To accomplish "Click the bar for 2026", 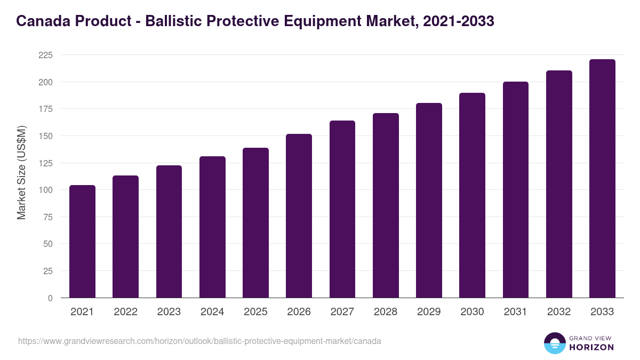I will (x=299, y=215).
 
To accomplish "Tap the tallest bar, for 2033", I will (x=602, y=178).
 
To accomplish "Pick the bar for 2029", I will (x=429, y=200).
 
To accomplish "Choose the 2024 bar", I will (x=212, y=227).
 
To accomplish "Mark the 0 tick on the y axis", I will (x=50, y=298).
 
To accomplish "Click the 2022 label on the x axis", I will (x=125, y=312).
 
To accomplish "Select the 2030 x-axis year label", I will (x=472, y=312).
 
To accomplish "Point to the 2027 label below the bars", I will (x=342, y=312).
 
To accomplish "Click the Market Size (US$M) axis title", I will (x=21, y=172).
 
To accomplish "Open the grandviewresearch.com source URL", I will (x=199, y=341).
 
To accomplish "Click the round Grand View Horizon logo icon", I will (x=554, y=343).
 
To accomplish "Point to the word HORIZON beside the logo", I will (x=591, y=347).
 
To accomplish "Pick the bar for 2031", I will (x=515, y=189).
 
